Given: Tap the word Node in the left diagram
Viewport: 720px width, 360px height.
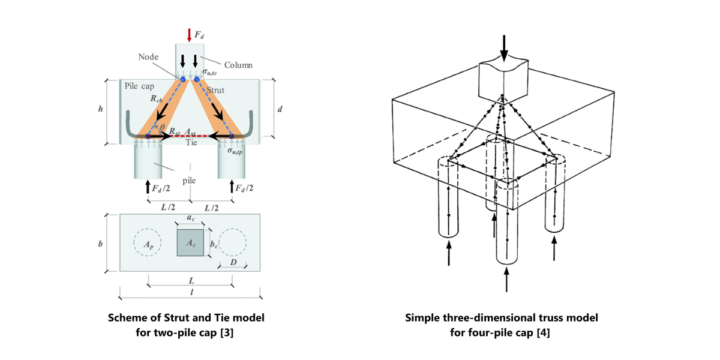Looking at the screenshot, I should pyautogui.click(x=147, y=56).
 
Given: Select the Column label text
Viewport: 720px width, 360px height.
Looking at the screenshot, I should pyautogui.click(x=238, y=65).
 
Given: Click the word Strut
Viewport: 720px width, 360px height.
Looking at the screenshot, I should pyautogui.click(x=215, y=90).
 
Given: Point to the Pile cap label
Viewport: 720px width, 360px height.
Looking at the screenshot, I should pyautogui.click(x=140, y=86).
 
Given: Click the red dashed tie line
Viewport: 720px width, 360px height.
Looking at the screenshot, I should pyautogui.click(x=190, y=137).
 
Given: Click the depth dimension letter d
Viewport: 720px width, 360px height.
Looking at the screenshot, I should pyautogui.click(x=280, y=109).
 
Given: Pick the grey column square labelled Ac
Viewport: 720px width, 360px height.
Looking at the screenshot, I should pyautogui.click(x=191, y=244).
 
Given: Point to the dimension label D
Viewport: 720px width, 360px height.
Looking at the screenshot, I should pyautogui.click(x=232, y=265).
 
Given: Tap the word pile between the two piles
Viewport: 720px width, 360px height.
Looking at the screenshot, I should pyautogui.click(x=190, y=179).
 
